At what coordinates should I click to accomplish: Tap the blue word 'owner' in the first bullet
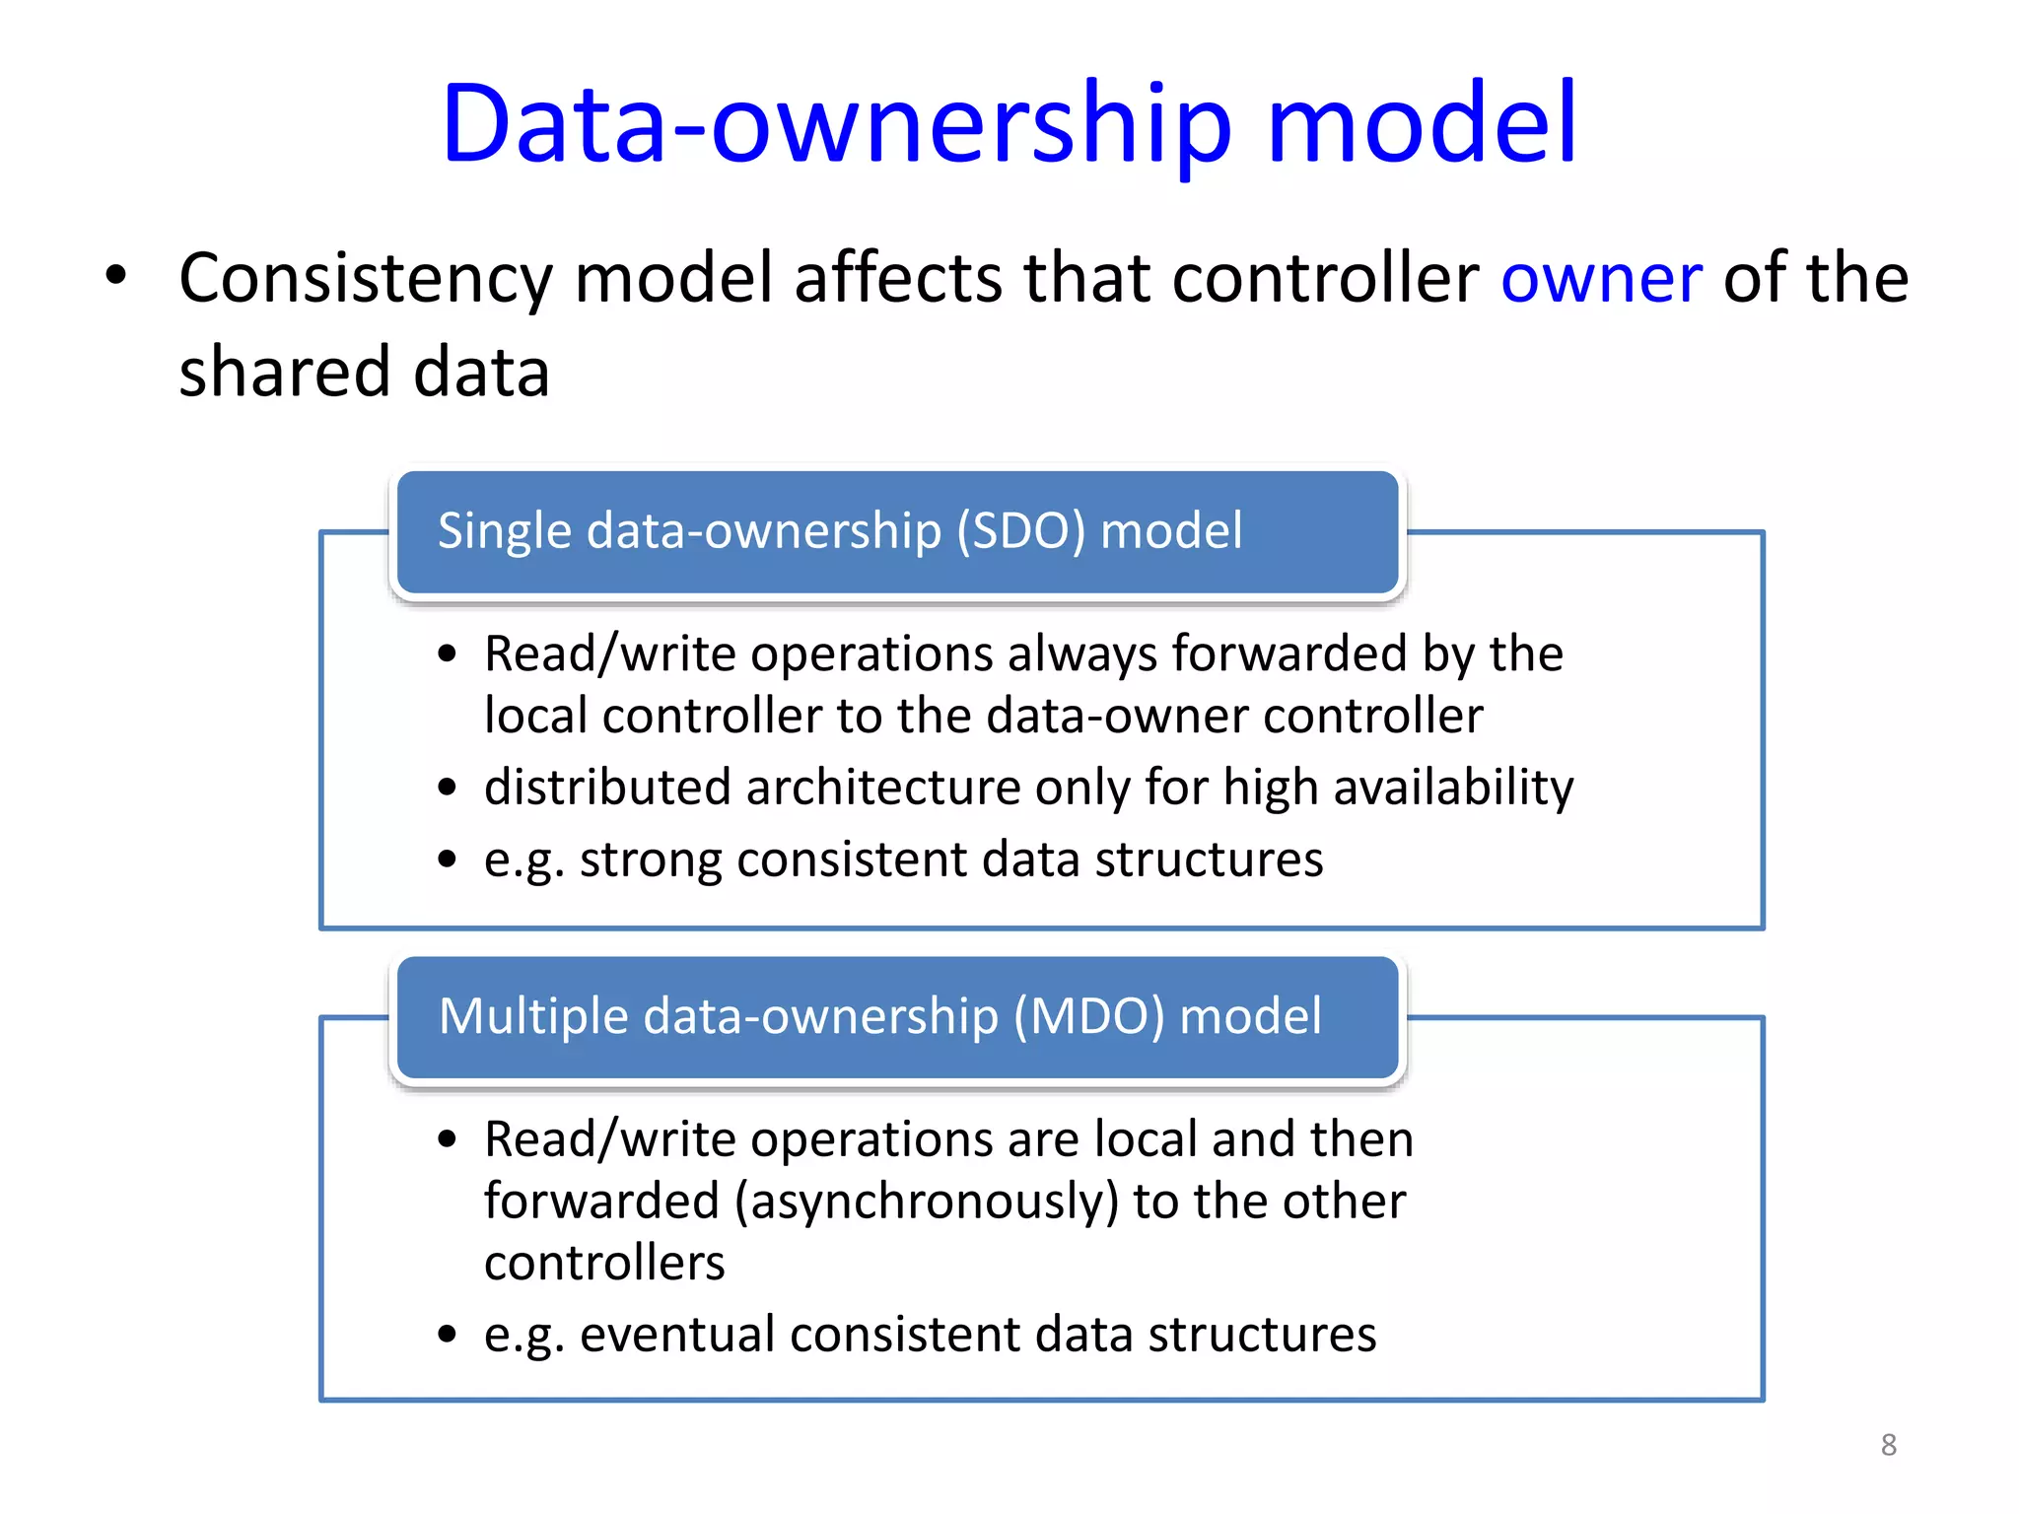click(1601, 279)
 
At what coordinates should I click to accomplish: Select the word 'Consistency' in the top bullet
click(366, 279)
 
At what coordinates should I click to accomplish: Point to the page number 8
click(1888, 1445)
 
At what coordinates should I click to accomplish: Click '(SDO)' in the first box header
click(1020, 531)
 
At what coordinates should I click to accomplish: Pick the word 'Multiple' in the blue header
click(532, 1016)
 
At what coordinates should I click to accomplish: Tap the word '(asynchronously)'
click(927, 1203)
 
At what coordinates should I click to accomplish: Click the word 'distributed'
click(607, 788)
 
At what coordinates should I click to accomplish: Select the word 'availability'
click(1453, 788)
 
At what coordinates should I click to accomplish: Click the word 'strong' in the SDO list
click(651, 860)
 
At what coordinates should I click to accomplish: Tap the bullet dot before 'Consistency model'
click(116, 275)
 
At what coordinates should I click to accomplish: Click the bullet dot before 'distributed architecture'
click(448, 788)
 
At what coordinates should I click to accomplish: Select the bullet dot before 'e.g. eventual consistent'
click(448, 1335)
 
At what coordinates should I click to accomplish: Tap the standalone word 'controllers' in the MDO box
click(604, 1264)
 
